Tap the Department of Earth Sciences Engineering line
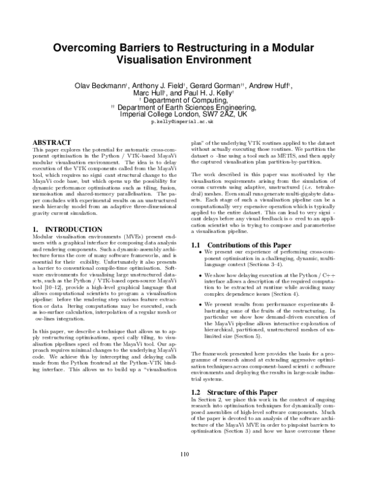186,107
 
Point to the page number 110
184,455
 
